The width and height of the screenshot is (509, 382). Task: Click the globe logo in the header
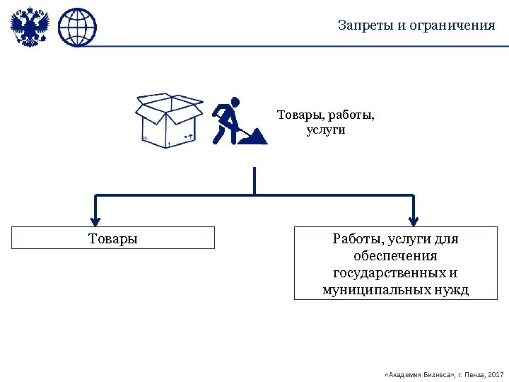[76, 27]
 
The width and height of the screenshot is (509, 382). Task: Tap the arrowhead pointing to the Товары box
[96, 219]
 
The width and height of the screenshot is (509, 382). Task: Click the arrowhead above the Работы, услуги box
[414, 219]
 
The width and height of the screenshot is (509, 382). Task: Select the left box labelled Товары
[113, 238]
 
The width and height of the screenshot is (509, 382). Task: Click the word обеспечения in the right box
[395, 255]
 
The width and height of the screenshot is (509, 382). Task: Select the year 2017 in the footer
[496, 373]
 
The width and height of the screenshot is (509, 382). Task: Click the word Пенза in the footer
[473, 373]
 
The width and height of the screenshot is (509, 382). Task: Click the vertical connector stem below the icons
[254, 180]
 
